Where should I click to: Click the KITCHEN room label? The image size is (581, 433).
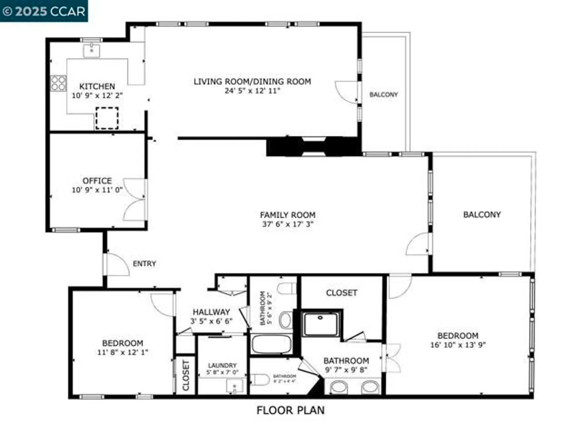pyautogui.click(x=97, y=86)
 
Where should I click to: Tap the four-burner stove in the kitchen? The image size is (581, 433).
pyautogui.click(x=58, y=83)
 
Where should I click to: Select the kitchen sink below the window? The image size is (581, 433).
pyautogui.click(x=92, y=51)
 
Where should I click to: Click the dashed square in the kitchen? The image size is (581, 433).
pyautogui.click(x=107, y=118)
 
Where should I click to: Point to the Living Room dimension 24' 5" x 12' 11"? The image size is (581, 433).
pyautogui.click(x=252, y=91)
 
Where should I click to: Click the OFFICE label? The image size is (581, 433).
pyautogui.click(x=97, y=181)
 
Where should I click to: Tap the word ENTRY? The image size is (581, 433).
pyautogui.click(x=144, y=263)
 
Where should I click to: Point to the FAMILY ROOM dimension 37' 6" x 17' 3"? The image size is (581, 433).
pyautogui.click(x=288, y=224)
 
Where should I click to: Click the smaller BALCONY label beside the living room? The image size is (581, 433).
pyautogui.click(x=383, y=95)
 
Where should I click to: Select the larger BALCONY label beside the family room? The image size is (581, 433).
pyautogui.click(x=482, y=215)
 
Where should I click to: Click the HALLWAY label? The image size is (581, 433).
pyautogui.click(x=211, y=312)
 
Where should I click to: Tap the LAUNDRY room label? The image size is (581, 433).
pyautogui.click(x=222, y=365)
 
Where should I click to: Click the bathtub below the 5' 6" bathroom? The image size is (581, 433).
pyautogui.click(x=271, y=344)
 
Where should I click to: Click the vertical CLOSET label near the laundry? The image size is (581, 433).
pyautogui.click(x=186, y=375)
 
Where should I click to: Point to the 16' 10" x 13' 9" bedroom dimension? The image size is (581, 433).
pyautogui.click(x=458, y=345)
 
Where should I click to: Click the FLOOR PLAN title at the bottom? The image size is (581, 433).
pyautogui.click(x=290, y=410)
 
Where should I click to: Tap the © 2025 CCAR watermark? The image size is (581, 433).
pyautogui.click(x=44, y=11)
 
